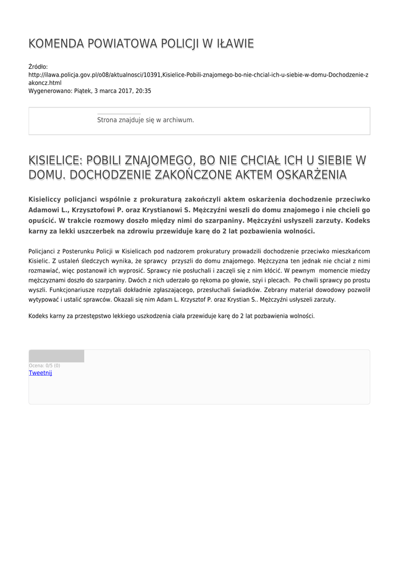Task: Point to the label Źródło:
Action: pyautogui.click(x=38, y=67)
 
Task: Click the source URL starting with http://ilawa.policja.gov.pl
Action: pyautogui.click(x=198, y=74)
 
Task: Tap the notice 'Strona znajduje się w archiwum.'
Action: pyautogui.click(x=145, y=120)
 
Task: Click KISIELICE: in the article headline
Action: pyautogui.click(x=55, y=160)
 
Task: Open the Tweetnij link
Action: pyautogui.click(x=40, y=373)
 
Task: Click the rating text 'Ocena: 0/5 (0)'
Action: pyautogui.click(x=44, y=366)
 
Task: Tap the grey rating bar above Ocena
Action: pyautogui.click(x=56, y=356)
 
